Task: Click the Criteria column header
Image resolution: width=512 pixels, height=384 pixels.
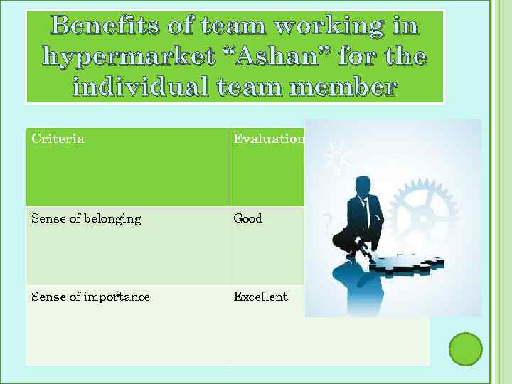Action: [x=58, y=139]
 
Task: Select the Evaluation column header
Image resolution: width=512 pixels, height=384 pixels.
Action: [x=269, y=139]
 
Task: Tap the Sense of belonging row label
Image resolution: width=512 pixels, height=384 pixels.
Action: [x=86, y=219]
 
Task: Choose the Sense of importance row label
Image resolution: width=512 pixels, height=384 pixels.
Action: [x=90, y=297]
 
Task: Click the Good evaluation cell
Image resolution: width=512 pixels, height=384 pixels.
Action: [x=248, y=219]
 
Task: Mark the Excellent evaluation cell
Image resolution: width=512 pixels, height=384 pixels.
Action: [x=261, y=297]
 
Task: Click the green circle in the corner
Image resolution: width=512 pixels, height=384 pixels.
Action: [x=466, y=349]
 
